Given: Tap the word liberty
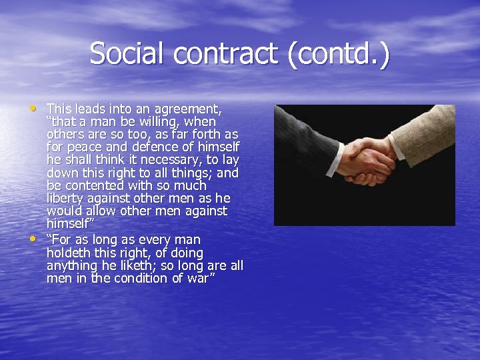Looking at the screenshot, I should point(65,199).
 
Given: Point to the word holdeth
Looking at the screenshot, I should point(69,253).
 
